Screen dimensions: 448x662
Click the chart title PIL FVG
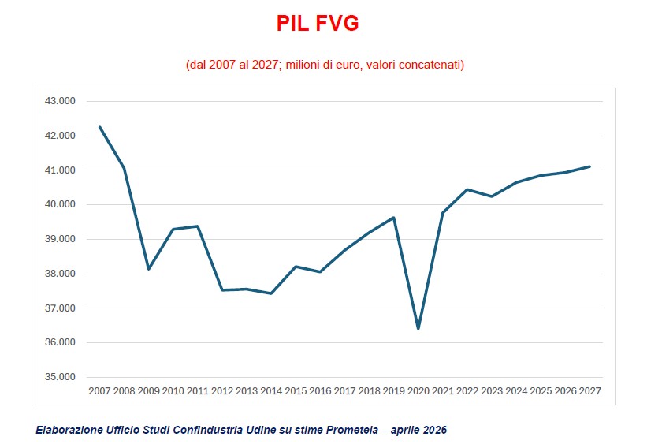click(x=318, y=24)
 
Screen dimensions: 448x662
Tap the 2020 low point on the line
click(x=418, y=328)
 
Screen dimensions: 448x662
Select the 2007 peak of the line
click(x=100, y=127)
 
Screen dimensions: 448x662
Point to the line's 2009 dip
click(x=148, y=269)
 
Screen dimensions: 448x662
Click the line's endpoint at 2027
click(x=589, y=166)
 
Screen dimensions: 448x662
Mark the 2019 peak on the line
click(x=393, y=218)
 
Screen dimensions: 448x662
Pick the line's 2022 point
click(x=467, y=189)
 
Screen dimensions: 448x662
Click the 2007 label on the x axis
click(x=100, y=391)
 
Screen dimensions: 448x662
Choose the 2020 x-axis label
click(x=418, y=391)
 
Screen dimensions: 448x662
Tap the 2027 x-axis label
click(x=589, y=391)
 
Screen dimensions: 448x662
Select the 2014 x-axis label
click(x=271, y=391)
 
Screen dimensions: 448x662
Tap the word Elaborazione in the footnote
click(x=66, y=430)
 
